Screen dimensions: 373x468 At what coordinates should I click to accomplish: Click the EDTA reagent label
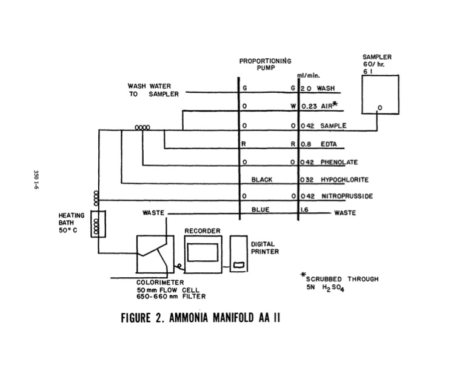pyautogui.click(x=330, y=145)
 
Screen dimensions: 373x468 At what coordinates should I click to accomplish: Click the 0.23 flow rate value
pyautogui.click(x=309, y=105)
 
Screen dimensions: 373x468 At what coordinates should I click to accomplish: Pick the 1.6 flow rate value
pyautogui.click(x=304, y=213)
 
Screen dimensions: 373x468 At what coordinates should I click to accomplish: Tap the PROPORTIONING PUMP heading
pyautogui.click(x=265, y=65)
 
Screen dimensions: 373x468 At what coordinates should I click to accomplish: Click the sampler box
pyautogui.click(x=379, y=94)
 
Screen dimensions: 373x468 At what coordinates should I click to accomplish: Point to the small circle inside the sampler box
pyautogui.click(x=379, y=109)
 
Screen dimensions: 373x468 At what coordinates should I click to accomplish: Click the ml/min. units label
pyautogui.click(x=304, y=76)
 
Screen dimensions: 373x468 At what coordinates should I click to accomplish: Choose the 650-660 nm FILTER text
pyautogui.click(x=172, y=297)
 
